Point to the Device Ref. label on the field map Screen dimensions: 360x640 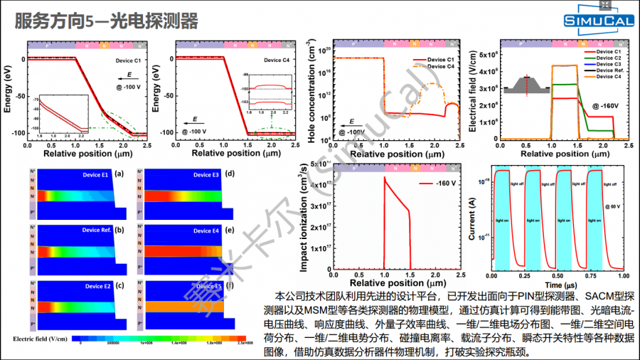coord(97,230)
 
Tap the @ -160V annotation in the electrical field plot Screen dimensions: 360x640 coord(604,105)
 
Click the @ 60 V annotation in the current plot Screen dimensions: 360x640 coord(613,206)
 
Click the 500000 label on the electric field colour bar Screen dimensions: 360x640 coord(114,343)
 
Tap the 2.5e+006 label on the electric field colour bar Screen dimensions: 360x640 coord(246,343)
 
